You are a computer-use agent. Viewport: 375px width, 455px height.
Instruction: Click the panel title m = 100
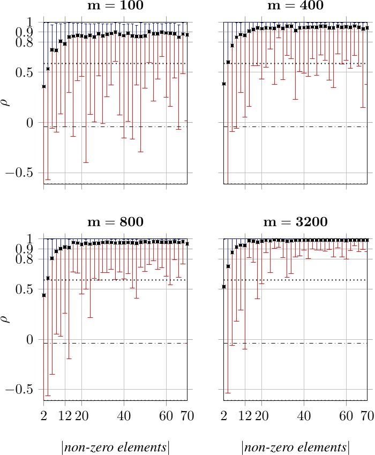(x=115, y=6)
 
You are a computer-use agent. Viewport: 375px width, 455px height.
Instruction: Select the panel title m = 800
(x=115, y=222)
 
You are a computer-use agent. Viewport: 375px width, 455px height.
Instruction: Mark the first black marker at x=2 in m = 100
(x=44, y=86)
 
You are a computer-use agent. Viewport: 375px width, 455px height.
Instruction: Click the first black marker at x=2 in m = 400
(x=224, y=84)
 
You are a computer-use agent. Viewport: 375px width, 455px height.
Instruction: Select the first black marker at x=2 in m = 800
(x=44, y=295)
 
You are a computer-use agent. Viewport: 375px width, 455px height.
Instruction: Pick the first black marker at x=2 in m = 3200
(x=224, y=287)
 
